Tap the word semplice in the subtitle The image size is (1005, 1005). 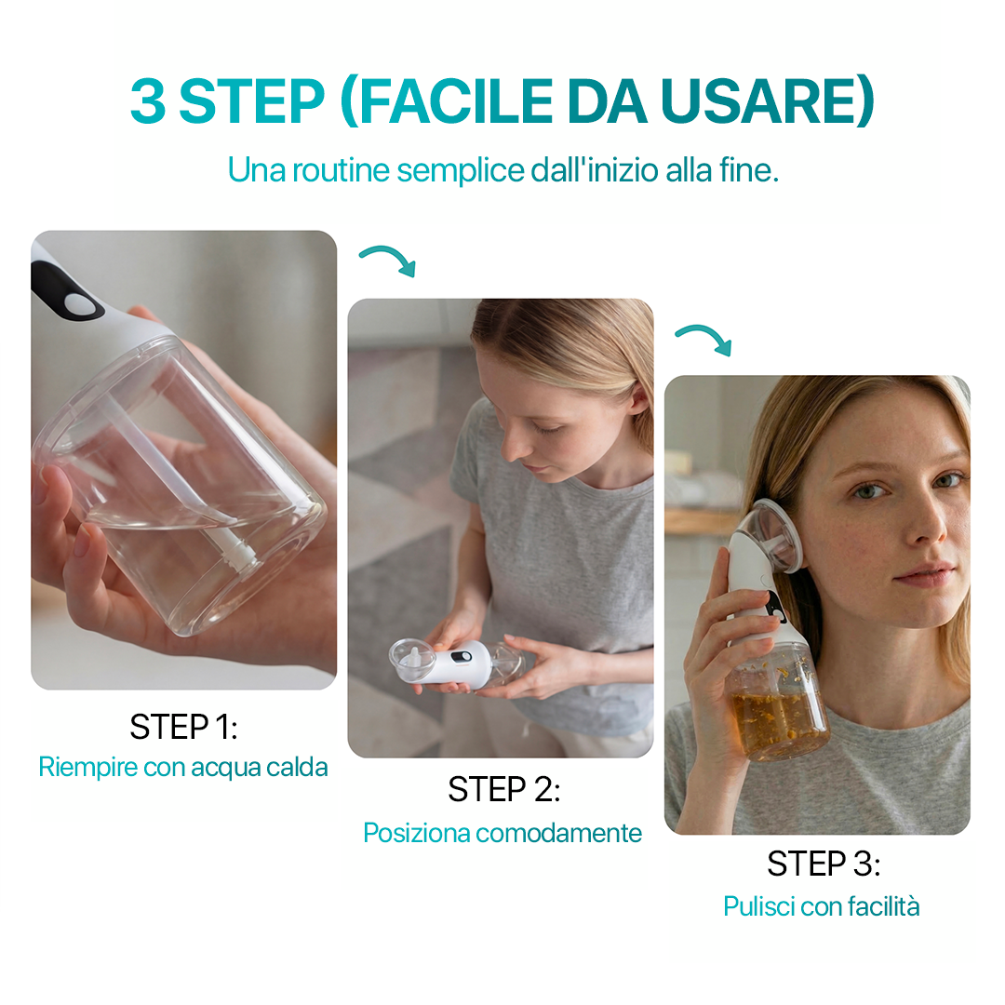click(461, 170)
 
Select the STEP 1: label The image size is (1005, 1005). click(183, 727)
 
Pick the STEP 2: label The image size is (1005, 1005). click(503, 789)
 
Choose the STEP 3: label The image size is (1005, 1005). click(823, 864)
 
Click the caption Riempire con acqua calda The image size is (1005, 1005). click(183, 768)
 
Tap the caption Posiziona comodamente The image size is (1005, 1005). click(502, 832)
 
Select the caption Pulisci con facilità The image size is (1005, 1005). click(822, 905)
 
